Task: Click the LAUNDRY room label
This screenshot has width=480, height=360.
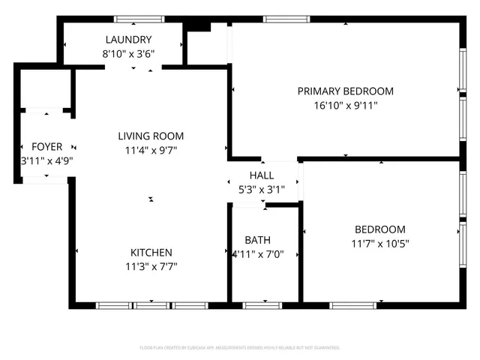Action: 129,40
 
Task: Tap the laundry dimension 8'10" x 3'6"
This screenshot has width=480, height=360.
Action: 129,53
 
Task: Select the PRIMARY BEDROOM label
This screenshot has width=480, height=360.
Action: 345,91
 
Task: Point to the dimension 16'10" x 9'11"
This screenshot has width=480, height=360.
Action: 345,106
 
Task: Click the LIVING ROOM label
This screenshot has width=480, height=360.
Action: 151,136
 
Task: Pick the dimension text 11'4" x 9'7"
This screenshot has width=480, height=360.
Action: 151,150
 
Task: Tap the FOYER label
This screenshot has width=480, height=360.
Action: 46,146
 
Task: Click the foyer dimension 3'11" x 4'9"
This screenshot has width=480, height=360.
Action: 46,160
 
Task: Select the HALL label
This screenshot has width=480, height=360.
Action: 251,175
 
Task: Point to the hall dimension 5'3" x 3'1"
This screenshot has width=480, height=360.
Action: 251,189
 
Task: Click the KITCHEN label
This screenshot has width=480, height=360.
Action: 151,253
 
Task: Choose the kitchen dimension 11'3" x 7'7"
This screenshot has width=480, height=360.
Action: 151,266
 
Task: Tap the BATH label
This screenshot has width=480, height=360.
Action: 257,240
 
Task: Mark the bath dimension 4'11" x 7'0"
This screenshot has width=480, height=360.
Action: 257,254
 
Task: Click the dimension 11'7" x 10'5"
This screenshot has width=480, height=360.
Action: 379,243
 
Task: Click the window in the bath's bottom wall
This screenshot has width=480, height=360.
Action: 262,305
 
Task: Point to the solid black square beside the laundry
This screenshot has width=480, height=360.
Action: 197,25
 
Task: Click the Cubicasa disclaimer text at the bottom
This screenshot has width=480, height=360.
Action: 240,348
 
